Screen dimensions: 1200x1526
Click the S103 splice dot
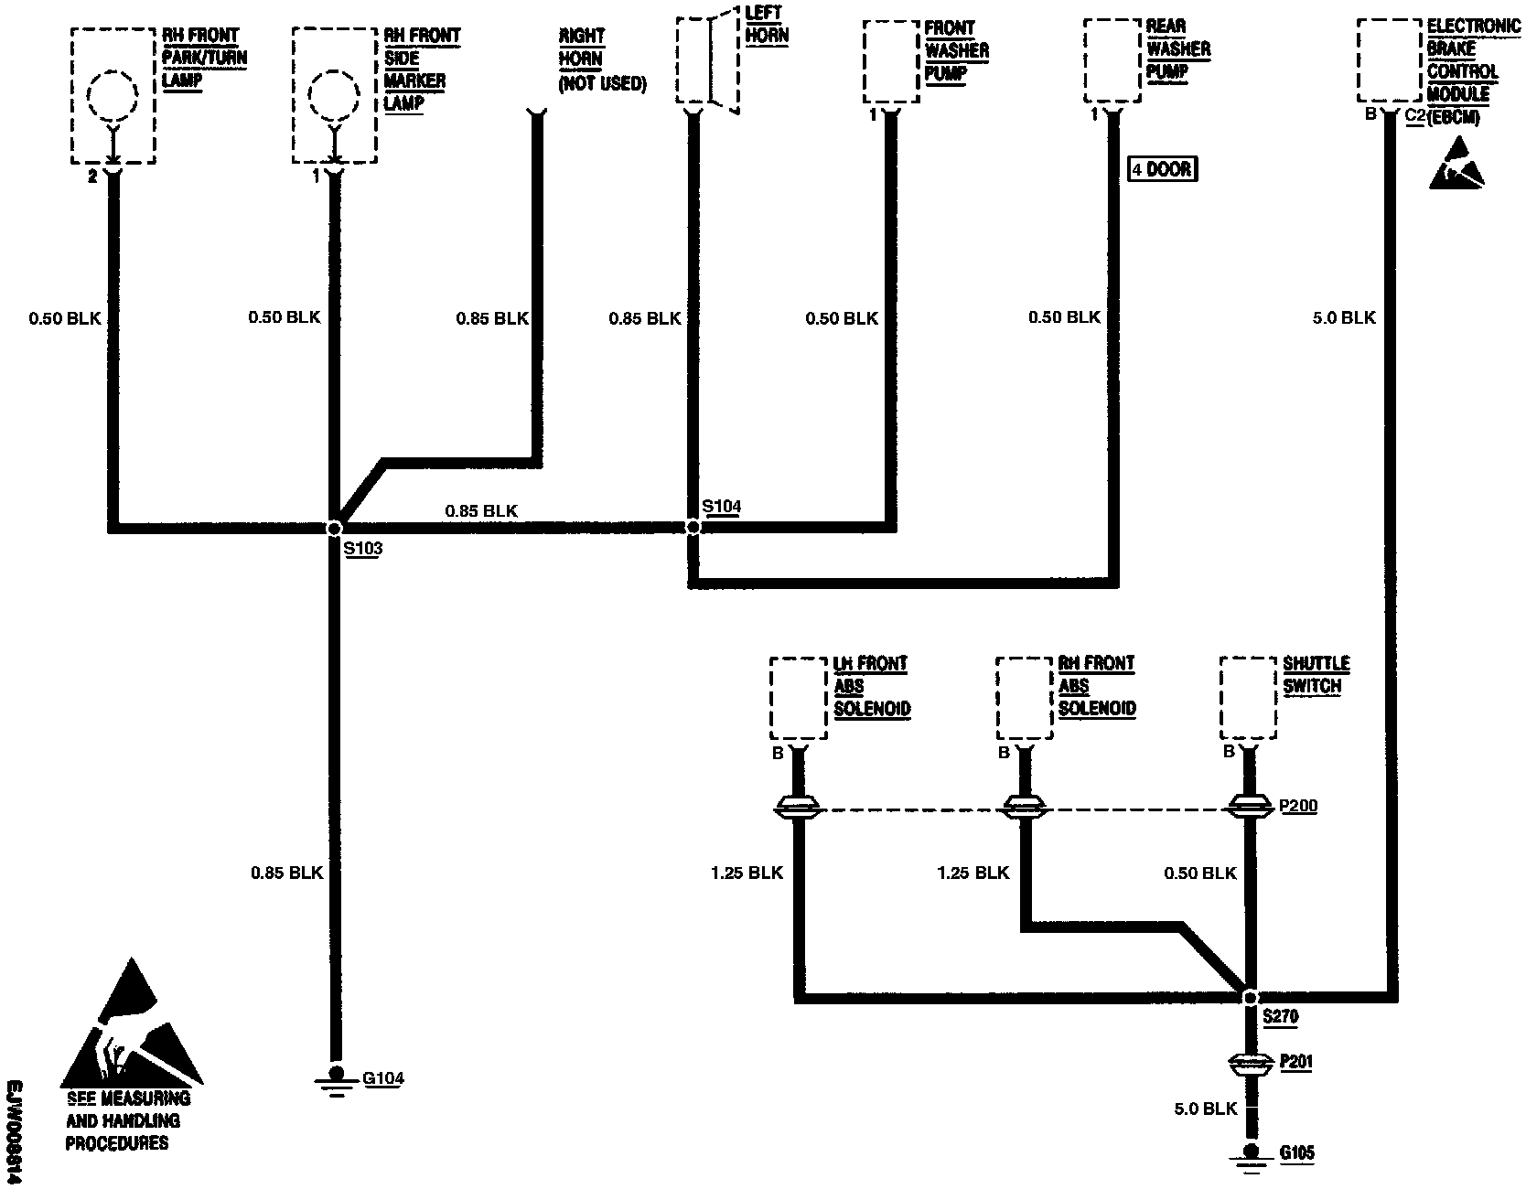[334, 528]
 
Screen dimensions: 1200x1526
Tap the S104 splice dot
[693, 527]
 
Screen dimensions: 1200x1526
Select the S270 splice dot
[1250, 997]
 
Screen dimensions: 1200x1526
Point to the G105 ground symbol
[1250, 1154]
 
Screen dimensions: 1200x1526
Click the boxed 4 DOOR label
[1163, 169]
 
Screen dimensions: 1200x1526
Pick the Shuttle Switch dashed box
[1248, 698]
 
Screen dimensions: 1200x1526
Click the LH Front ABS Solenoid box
[798, 698]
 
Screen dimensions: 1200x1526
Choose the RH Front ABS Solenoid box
[1024, 698]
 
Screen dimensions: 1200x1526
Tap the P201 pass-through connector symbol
[1250, 1064]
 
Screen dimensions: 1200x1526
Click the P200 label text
[1298, 807]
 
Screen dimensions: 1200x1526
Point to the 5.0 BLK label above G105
[1205, 1109]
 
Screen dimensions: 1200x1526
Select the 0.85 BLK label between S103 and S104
[481, 510]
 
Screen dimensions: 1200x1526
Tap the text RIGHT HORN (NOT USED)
[602, 60]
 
